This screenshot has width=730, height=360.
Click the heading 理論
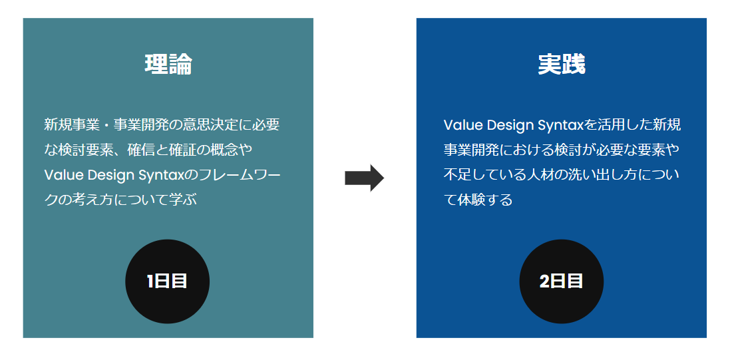click(x=168, y=65)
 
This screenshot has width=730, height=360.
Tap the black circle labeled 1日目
click(x=168, y=281)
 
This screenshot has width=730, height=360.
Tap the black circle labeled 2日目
click(x=561, y=281)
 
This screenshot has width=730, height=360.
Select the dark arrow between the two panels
click(x=364, y=178)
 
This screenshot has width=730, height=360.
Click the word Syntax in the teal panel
click(x=159, y=174)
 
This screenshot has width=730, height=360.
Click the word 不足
click(x=457, y=174)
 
